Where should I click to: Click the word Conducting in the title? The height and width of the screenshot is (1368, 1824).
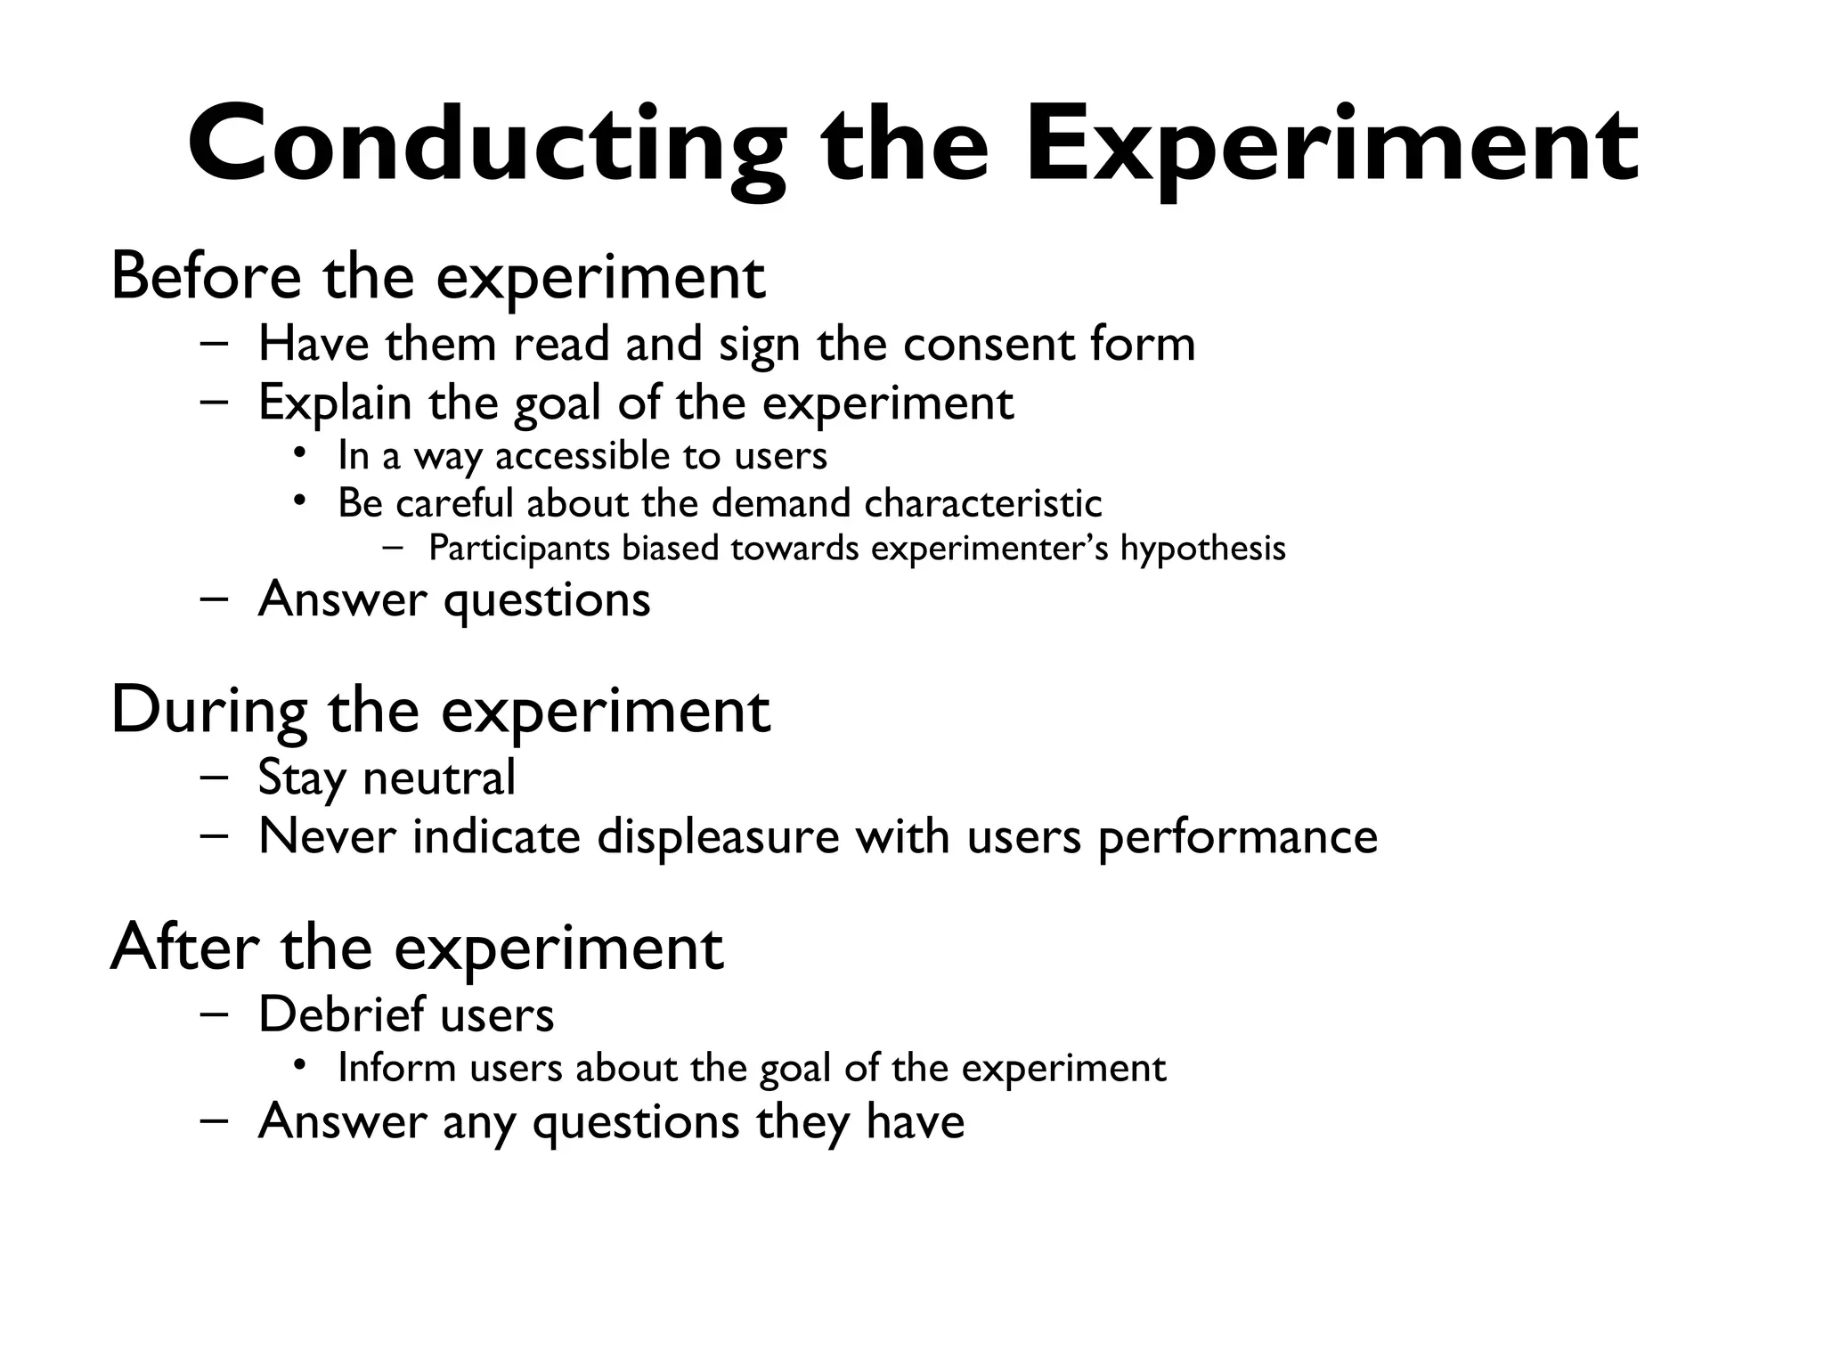(486, 147)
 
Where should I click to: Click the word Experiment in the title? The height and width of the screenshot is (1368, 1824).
(1331, 147)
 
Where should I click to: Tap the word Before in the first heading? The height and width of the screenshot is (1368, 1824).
(206, 276)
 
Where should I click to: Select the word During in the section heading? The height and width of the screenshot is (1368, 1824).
(209, 711)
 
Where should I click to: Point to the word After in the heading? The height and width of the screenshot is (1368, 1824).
(184, 948)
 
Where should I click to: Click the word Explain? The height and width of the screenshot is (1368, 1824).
(335, 403)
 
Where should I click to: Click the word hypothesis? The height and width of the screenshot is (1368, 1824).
(1202, 549)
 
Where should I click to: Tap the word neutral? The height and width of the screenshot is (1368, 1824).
(439, 778)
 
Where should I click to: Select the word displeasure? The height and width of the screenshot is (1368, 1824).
(718, 837)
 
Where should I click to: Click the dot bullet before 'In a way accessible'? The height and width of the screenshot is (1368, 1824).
(301, 454)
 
